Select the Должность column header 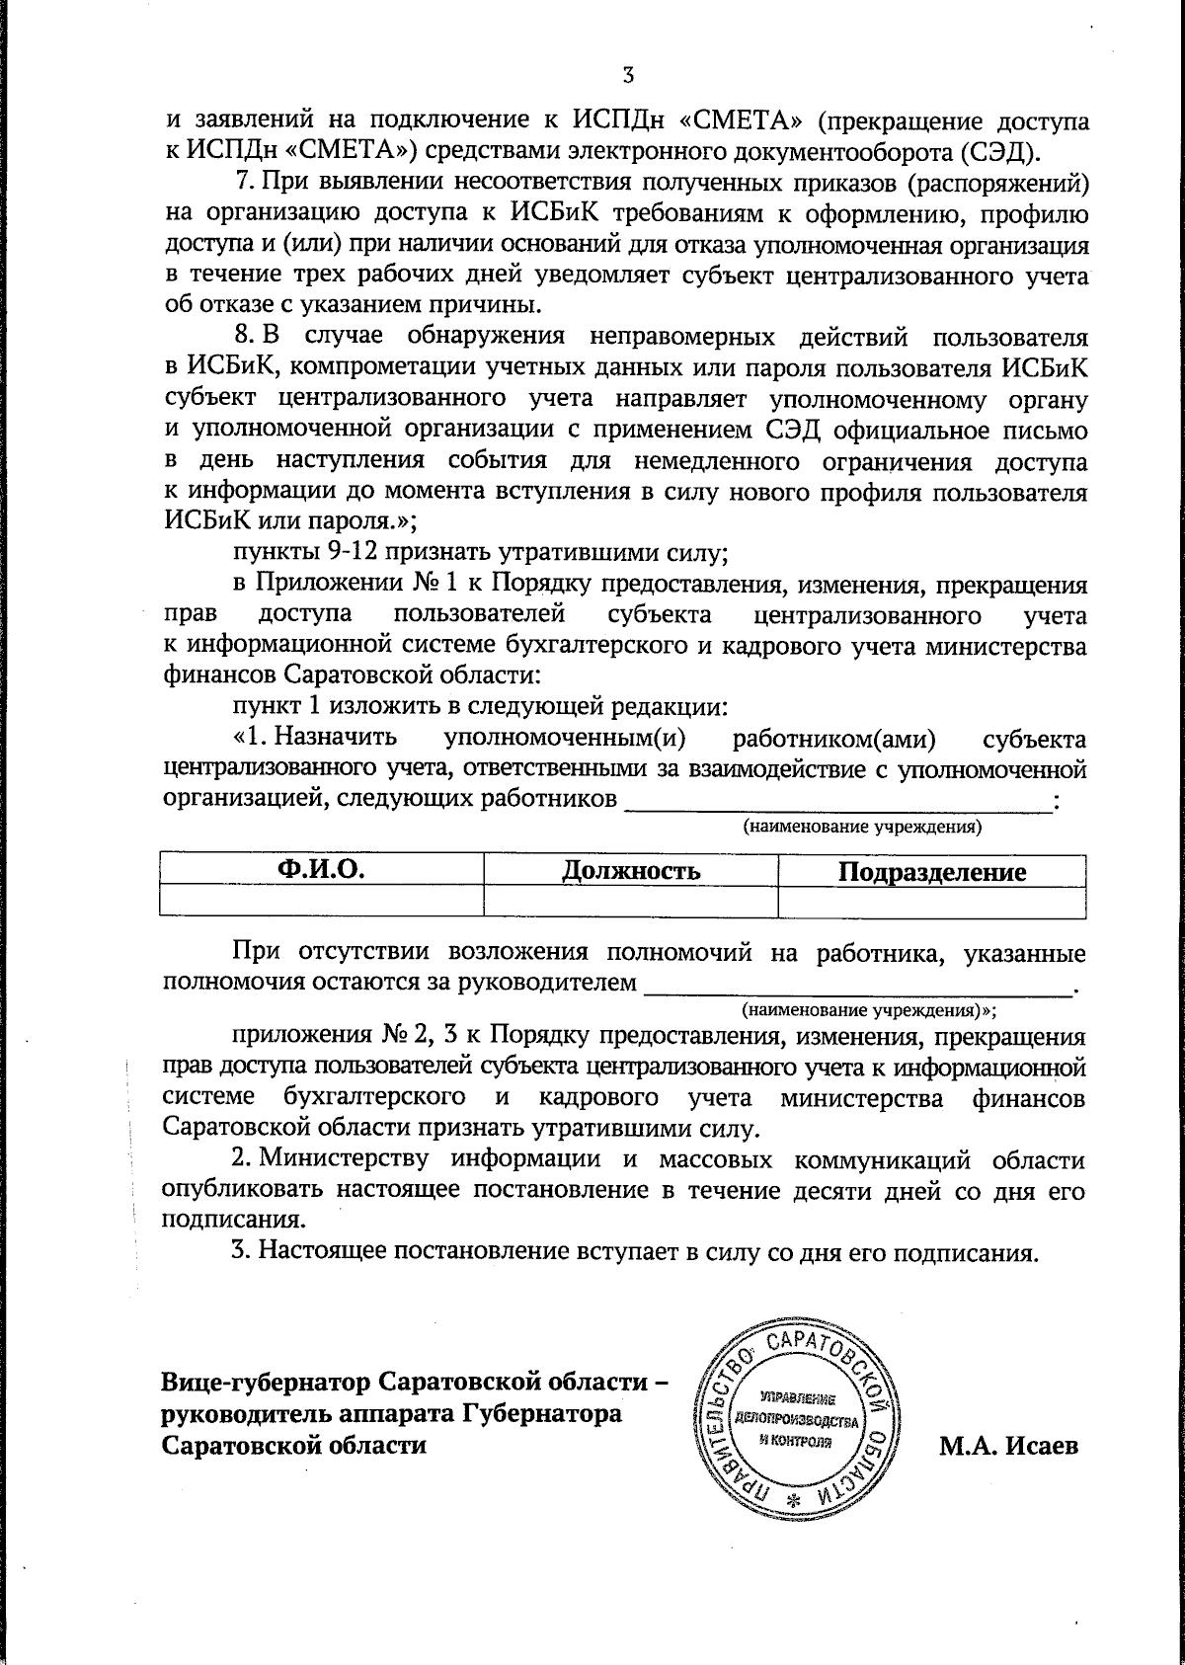tap(631, 871)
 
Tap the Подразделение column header tap(931, 872)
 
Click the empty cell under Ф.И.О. tap(321, 902)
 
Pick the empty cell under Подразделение tap(931, 902)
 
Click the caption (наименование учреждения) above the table tap(861, 827)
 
